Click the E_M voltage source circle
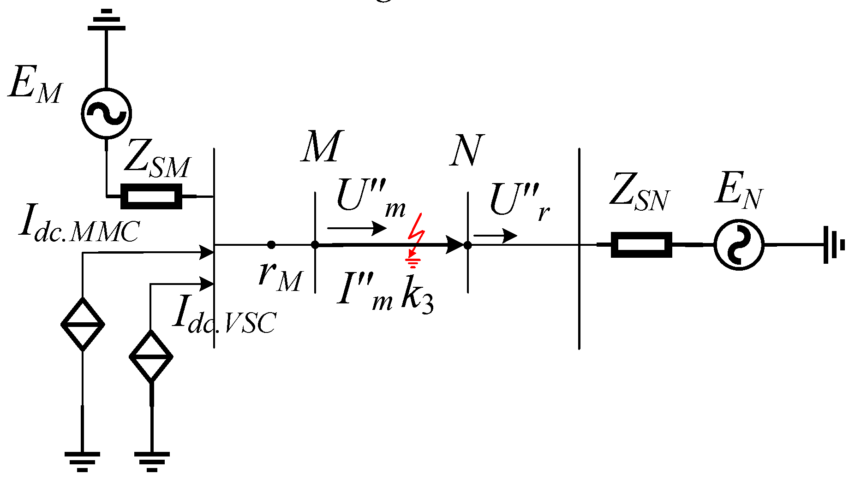106,113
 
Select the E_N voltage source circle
739,245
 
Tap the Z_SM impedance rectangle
151,196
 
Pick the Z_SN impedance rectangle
641,245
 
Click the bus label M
322,147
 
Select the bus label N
466,150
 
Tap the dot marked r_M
271,245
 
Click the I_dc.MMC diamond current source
83,324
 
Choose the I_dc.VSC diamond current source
151,356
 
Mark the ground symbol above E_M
107,21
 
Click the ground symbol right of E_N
833,245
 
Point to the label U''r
519,201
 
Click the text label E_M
35,85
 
